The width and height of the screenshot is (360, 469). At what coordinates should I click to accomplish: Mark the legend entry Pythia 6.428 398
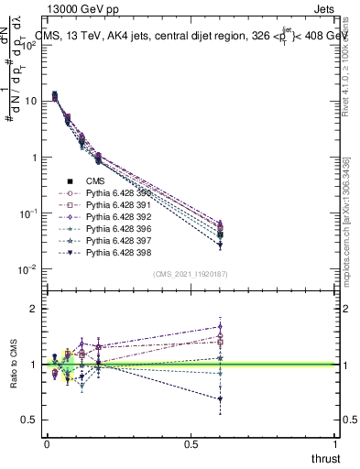pos(115,252)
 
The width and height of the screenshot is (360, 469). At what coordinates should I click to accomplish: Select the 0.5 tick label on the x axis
pos(191,442)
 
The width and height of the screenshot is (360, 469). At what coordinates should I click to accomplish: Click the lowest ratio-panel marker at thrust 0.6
pos(220,398)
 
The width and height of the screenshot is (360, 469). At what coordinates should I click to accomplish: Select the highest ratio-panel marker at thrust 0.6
pos(220,326)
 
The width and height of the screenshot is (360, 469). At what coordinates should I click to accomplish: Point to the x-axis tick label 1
pos(335,442)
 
